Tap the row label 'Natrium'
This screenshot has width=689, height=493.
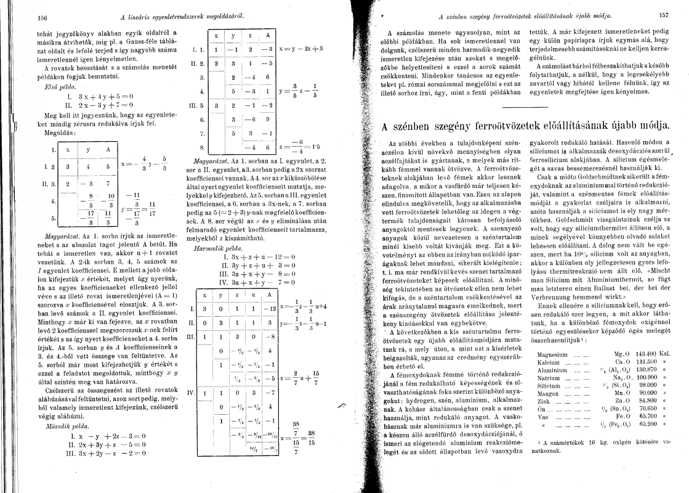[549, 378]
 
